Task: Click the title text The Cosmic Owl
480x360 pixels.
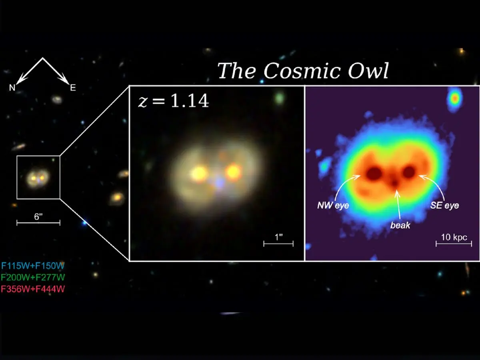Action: (x=303, y=71)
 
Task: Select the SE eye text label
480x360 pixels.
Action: (x=444, y=206)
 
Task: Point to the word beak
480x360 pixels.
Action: (x=400, y=226)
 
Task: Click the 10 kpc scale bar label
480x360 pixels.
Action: (x=454, y=237)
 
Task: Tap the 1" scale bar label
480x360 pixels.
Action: (x=278, y=236)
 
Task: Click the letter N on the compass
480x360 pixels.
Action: (x=12, y=88)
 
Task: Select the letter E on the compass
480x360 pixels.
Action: (x=73, y=88)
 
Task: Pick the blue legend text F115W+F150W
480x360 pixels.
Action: (x=33, y=266)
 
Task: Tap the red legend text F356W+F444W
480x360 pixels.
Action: (x=33, y=288)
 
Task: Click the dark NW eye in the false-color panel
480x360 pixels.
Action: (x=374, y=173)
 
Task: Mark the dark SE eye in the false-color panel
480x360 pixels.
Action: (x=409, y=172)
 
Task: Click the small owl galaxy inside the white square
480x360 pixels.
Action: (x=38, y=177)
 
